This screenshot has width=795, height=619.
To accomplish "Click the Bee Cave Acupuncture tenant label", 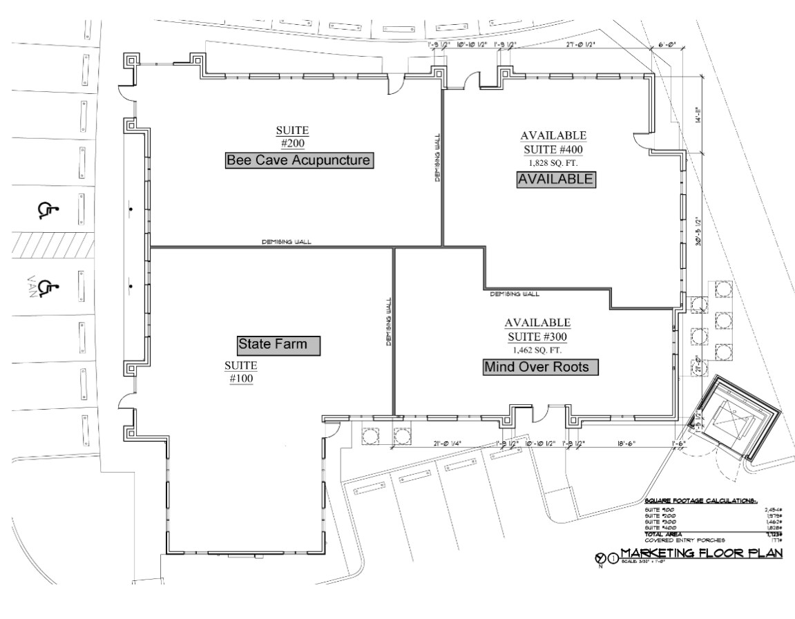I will (299, 160).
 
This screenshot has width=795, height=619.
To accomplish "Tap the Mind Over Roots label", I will (539, 367).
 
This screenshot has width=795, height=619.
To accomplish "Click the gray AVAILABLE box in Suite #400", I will (555, 179).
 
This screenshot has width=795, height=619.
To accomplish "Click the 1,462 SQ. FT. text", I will (537, 350).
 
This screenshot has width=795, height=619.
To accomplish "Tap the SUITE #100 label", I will (241, 371).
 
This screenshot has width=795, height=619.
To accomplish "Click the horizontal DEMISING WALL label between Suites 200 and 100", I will (286, 242).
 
